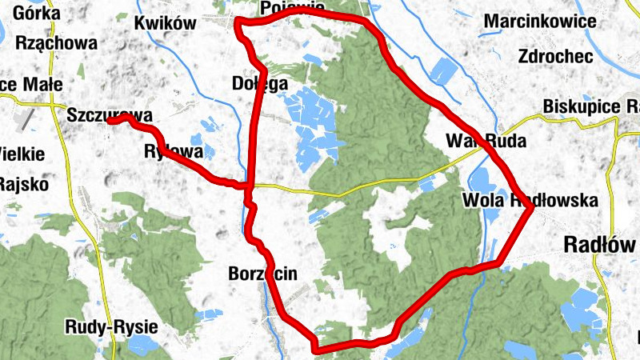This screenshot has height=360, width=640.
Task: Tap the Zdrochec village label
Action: [x=554, y=56]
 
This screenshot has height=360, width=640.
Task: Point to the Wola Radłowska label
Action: [x=530, y=201]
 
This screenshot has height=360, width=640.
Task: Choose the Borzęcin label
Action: [x=262, y=274]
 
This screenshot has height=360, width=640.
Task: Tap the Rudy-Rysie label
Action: [x=111, y=326]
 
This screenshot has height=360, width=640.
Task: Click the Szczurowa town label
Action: [x=110, y=114]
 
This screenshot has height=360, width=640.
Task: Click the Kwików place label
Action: [x=166, y=23]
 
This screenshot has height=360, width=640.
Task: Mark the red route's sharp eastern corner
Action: [x=532, y=208]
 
